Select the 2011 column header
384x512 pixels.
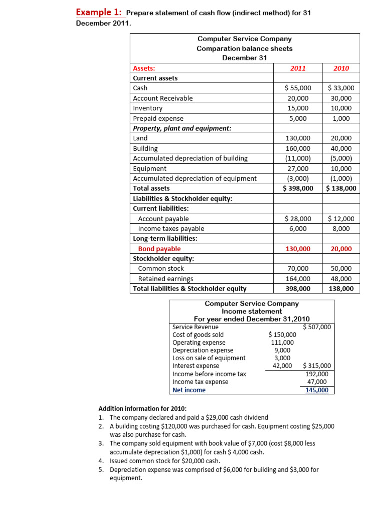coord(298,68)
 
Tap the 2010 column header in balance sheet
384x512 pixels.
coord(341,68)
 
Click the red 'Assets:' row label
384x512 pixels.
coord(144,68)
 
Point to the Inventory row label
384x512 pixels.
coord(148,108)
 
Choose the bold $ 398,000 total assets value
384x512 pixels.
coord(298,188)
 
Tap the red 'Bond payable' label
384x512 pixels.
coord(159,249)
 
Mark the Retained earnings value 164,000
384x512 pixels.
coord(298,279)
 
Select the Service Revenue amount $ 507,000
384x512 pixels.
coord(317,327)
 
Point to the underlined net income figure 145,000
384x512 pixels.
coord(317,390)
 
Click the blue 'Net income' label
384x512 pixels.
coord(189,390)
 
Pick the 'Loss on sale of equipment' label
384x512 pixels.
coord(209,358)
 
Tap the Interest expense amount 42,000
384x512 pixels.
coord(281,366)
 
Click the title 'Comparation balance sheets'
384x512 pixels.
coord(244,48)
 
